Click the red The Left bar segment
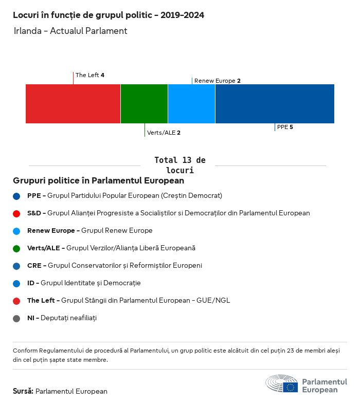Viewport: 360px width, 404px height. (73, 104)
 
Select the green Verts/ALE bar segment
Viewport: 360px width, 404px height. (144, 104)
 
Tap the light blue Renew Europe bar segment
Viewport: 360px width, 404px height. (191, 104)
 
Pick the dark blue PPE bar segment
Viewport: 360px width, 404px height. (275, 104)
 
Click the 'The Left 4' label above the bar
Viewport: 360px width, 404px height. (90, 75)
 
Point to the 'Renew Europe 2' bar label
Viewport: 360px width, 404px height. (218, 81)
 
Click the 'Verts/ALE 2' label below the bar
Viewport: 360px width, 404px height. (164, 133)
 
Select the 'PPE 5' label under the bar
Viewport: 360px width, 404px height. (285, 127)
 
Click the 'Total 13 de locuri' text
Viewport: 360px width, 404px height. (179, 165)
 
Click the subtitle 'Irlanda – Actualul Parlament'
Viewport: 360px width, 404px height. (70, 31)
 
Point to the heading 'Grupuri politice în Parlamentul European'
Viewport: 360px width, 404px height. (98, 181)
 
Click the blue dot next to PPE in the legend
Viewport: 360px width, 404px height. (17, 196)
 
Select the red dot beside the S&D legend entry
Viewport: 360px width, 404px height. (17, 213)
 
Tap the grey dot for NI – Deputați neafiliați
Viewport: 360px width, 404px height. (17, 318)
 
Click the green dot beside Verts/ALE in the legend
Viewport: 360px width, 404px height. (17, 248)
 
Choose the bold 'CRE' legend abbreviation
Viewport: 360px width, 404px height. (33, 266)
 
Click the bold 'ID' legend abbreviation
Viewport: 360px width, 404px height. (31, 283)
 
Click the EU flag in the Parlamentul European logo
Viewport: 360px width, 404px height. (290, 387)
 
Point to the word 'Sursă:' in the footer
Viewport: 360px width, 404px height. (23, 391)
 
